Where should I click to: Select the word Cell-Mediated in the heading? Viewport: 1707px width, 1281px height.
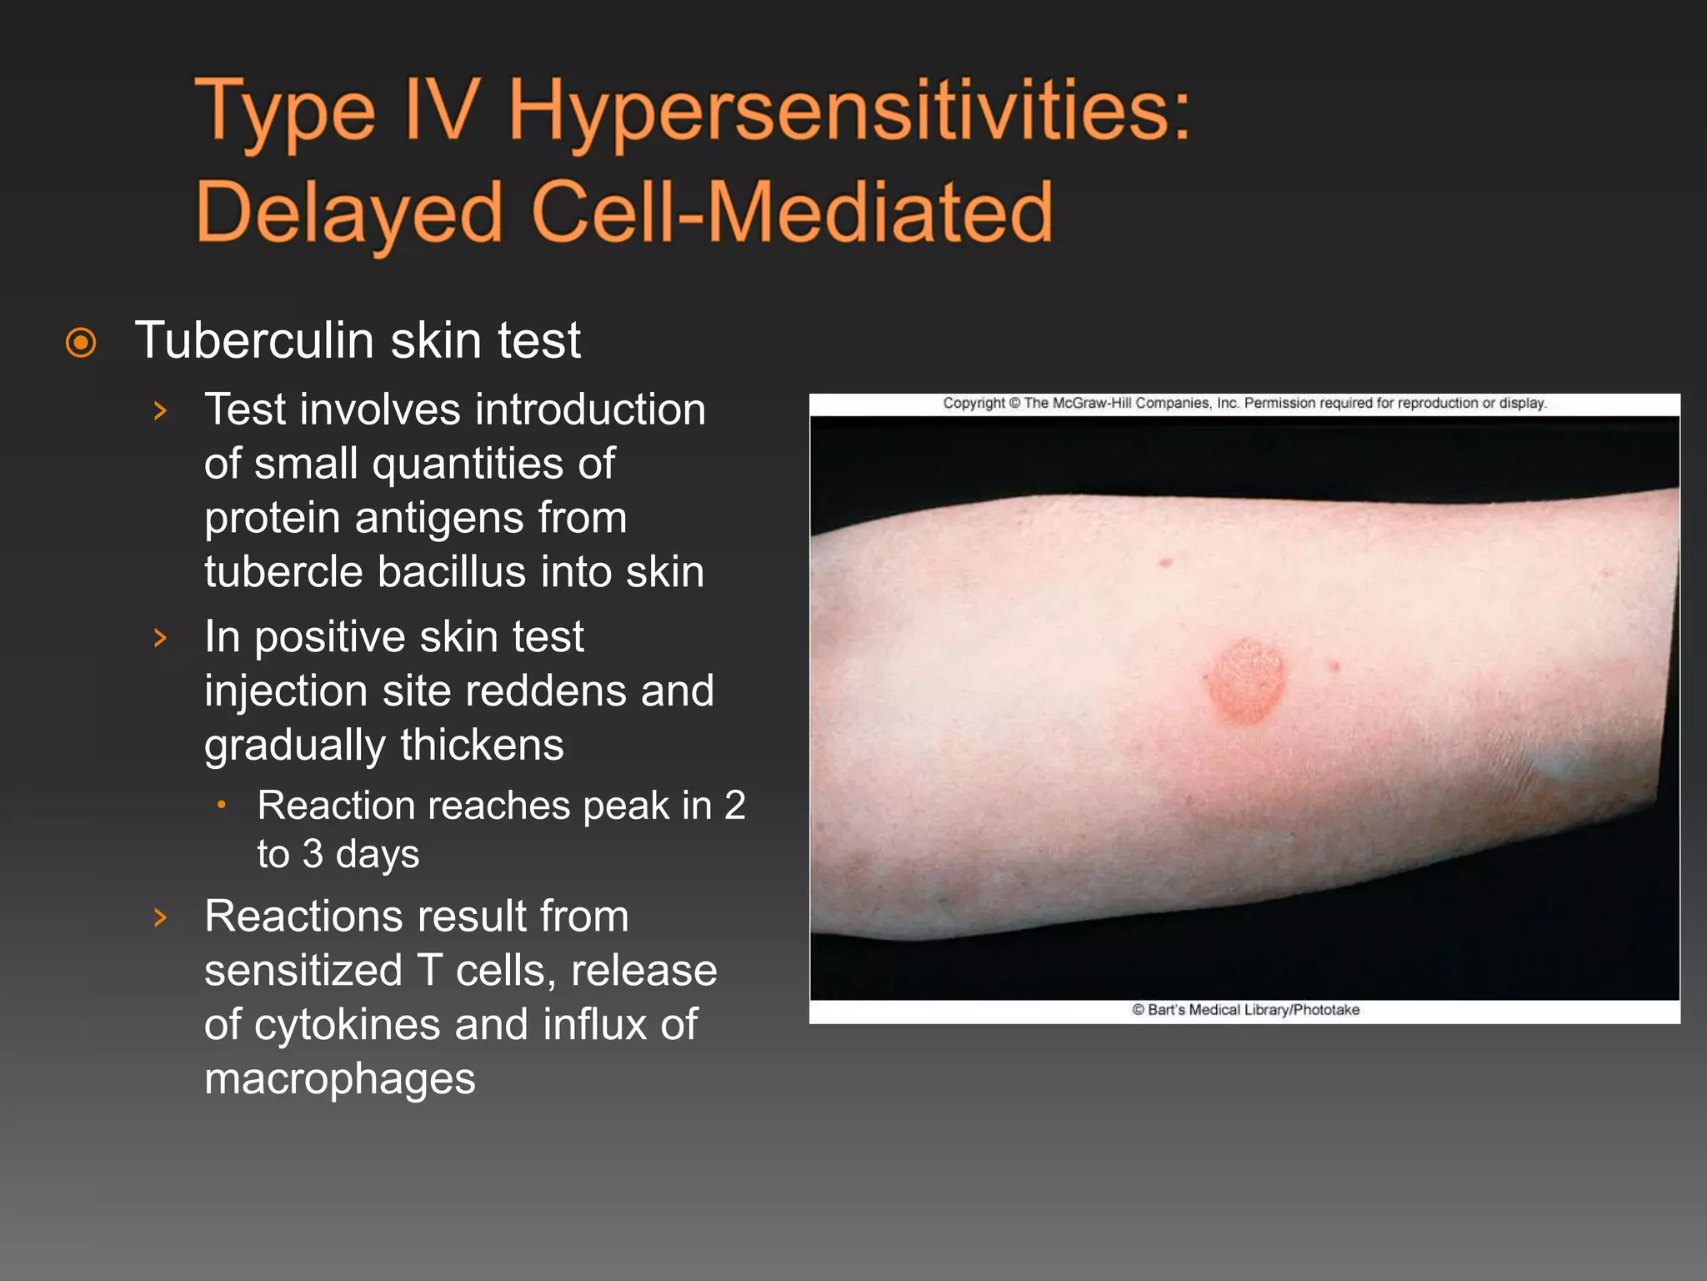(792, 213)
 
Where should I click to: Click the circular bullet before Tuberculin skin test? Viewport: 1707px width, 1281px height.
(81, 343)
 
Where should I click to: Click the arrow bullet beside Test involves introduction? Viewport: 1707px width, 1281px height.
(161, 410)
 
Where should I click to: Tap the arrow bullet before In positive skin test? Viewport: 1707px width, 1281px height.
(161, 638)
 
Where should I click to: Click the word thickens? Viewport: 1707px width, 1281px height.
(481, 745)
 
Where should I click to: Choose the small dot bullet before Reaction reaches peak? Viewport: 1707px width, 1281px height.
(222, 806)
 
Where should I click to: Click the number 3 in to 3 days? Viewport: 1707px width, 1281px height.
(313, 854)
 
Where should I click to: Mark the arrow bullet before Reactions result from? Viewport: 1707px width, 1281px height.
(161, 917)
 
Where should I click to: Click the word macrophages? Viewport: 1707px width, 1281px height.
(340, 1078)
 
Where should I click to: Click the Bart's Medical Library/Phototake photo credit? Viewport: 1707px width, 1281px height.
(1245, 1010)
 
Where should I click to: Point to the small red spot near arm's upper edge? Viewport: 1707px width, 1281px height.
(1166, 564)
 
